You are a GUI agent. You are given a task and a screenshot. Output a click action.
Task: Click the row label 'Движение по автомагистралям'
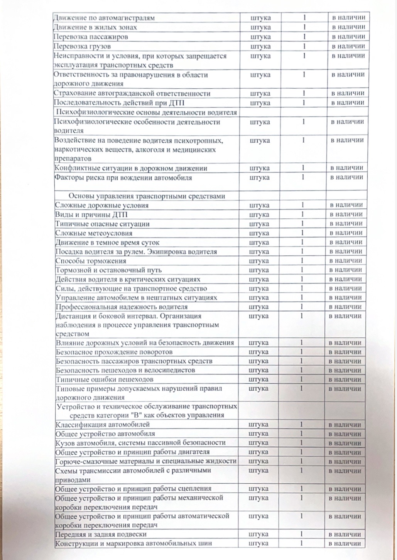pos(104,18)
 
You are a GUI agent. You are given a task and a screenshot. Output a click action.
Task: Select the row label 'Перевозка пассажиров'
pos(91,37)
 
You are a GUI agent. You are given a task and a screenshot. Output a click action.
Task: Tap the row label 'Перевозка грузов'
pos(82,46)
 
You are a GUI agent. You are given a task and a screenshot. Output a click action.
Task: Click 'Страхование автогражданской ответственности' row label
pos(132,93)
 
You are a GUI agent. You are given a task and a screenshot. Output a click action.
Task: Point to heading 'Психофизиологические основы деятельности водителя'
pos(147,112)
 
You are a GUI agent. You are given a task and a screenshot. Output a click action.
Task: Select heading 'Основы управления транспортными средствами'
pos(147,196)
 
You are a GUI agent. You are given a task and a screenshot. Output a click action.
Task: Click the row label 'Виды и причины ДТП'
pos(91,214)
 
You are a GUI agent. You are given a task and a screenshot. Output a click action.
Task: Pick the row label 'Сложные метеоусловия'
pos(94,233)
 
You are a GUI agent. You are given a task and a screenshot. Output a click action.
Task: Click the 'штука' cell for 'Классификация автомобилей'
pos(258,424)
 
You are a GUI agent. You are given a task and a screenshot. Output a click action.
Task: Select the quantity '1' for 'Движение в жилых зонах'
pos(304,27)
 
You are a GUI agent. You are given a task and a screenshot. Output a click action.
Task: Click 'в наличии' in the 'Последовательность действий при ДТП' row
pos(348,103)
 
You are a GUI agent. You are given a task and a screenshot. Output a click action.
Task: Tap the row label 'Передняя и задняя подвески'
pos(101,534)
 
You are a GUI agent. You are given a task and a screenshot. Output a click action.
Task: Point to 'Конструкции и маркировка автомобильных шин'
pos(133,543)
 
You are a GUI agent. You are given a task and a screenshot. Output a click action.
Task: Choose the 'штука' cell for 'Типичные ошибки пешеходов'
pos(258,380)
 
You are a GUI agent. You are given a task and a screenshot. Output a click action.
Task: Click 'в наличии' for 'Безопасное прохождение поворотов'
pos(345,352)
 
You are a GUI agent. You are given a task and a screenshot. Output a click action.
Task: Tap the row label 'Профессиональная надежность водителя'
pos(122,307)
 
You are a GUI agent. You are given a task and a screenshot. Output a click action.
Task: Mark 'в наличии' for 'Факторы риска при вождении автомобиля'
pos(347,177)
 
